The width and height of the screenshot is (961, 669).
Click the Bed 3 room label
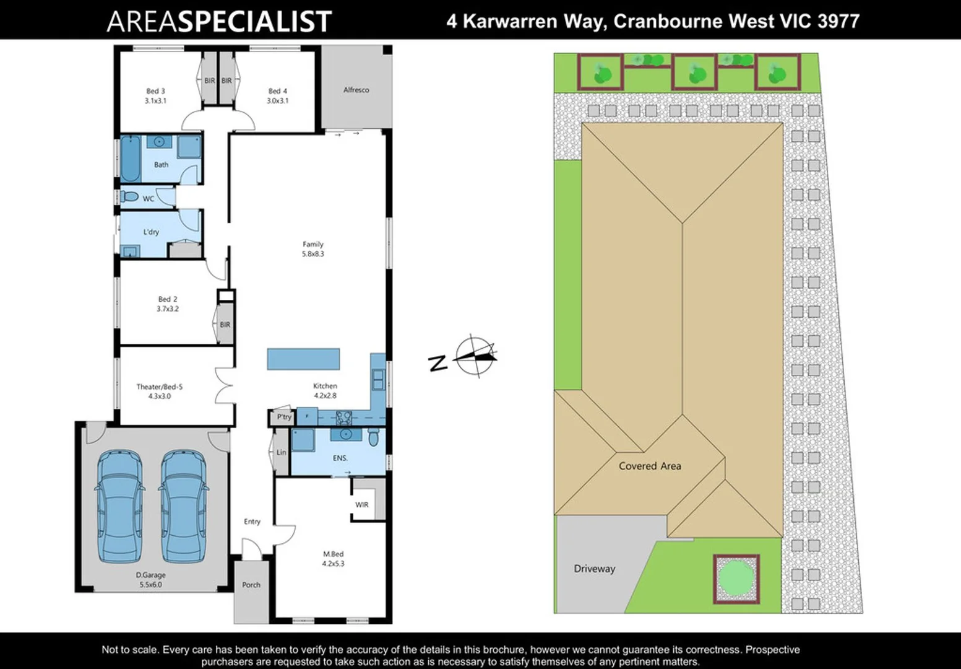click(155, 91)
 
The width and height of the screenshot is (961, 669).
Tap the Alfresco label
click(356, 90)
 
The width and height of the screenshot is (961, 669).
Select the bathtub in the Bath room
click(130, 159)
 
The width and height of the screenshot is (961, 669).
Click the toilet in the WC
click(129, 197)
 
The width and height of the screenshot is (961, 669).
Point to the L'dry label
click(151, 232)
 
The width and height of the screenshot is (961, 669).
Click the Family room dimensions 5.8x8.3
click(313, 254)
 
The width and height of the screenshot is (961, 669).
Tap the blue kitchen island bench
click(303, 359)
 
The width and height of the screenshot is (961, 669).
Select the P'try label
click(283, 417)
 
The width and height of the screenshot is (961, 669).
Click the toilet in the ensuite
click(373, 439)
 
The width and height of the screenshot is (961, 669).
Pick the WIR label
click(362, 505)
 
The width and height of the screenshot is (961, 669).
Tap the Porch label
click(251, 585)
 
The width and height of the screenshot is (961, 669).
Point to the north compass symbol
click(474, 356)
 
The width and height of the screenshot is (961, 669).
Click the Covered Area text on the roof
click(650, 466)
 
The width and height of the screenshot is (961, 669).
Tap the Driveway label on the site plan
click(595, 569)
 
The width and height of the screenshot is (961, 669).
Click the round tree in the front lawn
click(736, 579)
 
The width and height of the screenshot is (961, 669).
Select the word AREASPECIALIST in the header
click(219, 21)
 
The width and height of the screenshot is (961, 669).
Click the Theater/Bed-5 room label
click(160, 387)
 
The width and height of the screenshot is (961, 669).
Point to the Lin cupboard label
click(282, 453)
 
